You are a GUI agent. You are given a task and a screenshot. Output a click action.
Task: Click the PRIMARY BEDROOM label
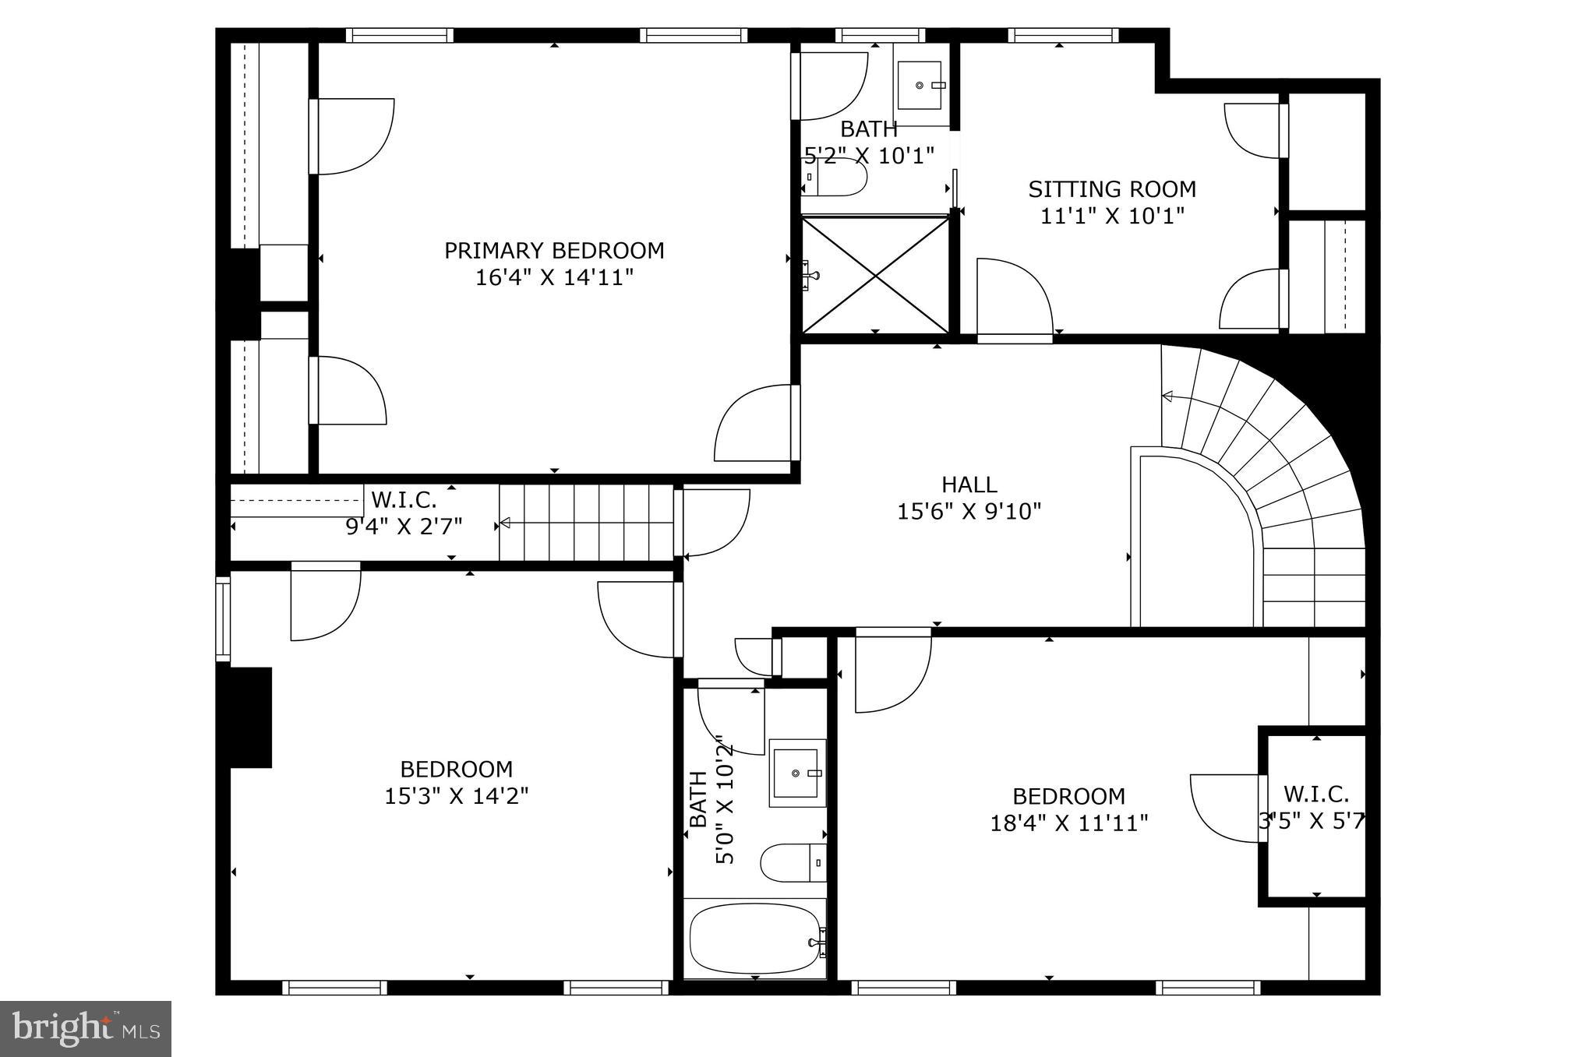click(554, 251)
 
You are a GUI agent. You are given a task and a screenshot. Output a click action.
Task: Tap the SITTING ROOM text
click(1112, 189)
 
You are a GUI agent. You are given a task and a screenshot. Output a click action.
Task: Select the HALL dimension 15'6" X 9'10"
click(969, 512)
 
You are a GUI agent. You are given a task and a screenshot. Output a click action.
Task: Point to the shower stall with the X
click(876, 275)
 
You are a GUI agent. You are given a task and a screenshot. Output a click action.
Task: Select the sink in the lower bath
click(797, 773)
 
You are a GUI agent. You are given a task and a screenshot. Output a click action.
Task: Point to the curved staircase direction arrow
click(1167, 396)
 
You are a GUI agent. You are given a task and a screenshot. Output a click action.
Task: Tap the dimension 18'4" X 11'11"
click(1069, 823)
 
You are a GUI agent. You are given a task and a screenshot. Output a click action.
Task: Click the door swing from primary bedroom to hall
click(754, 424)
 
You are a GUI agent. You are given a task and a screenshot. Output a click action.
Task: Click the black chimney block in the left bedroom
click(250, 717)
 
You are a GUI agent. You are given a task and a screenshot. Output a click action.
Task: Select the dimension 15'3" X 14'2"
click(457, 796)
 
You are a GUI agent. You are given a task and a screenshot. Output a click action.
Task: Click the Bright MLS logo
click(85, 1029)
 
